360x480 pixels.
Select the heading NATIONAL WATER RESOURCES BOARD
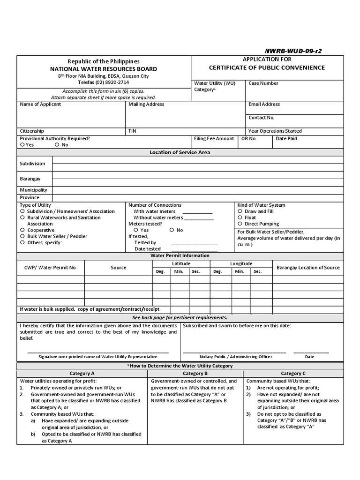click(x=104, y=69)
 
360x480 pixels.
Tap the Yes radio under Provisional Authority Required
click(x=22, y=145)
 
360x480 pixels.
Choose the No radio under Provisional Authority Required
click(x=57, y=145)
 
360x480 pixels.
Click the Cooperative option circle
click(x=22, y=230)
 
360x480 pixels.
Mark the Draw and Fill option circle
click(x=240, y=211)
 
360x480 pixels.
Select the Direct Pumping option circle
click(x=240, y=224)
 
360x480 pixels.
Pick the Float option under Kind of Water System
click(x=240, y=217)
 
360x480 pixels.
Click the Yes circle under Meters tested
click(x=136, y=230)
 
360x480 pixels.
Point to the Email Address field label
click(x=264, y=104)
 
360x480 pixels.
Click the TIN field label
click(x=132, y=131)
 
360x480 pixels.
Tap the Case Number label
click(x=263, y=83)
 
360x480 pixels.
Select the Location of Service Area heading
click(x=180, y=152)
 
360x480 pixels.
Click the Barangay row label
click(x=30, y=179)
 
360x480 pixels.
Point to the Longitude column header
click(x=241, y=263)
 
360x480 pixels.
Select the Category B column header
click(x=195, y=374)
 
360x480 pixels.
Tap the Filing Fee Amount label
click(x=214, y=139)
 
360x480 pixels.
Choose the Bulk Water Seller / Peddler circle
click(x=22, y=237)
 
